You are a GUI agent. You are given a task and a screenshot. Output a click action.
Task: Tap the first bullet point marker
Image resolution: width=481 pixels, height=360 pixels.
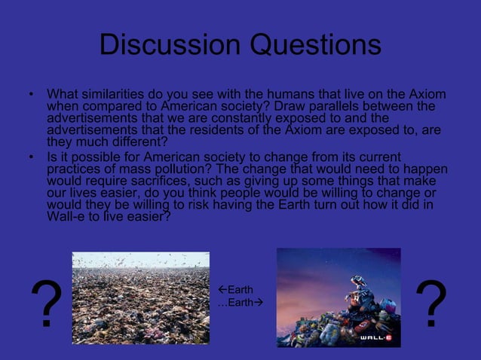[31, 96]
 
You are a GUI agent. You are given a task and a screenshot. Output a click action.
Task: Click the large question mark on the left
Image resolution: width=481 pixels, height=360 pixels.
[46, 304]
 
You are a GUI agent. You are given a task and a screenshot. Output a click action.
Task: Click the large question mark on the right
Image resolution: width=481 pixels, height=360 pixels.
[430, 304]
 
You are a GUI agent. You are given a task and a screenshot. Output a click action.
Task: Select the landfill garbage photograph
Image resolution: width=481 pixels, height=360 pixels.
[140, 297]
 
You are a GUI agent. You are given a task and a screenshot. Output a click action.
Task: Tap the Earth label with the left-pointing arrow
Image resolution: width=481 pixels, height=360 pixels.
[235, 290]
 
